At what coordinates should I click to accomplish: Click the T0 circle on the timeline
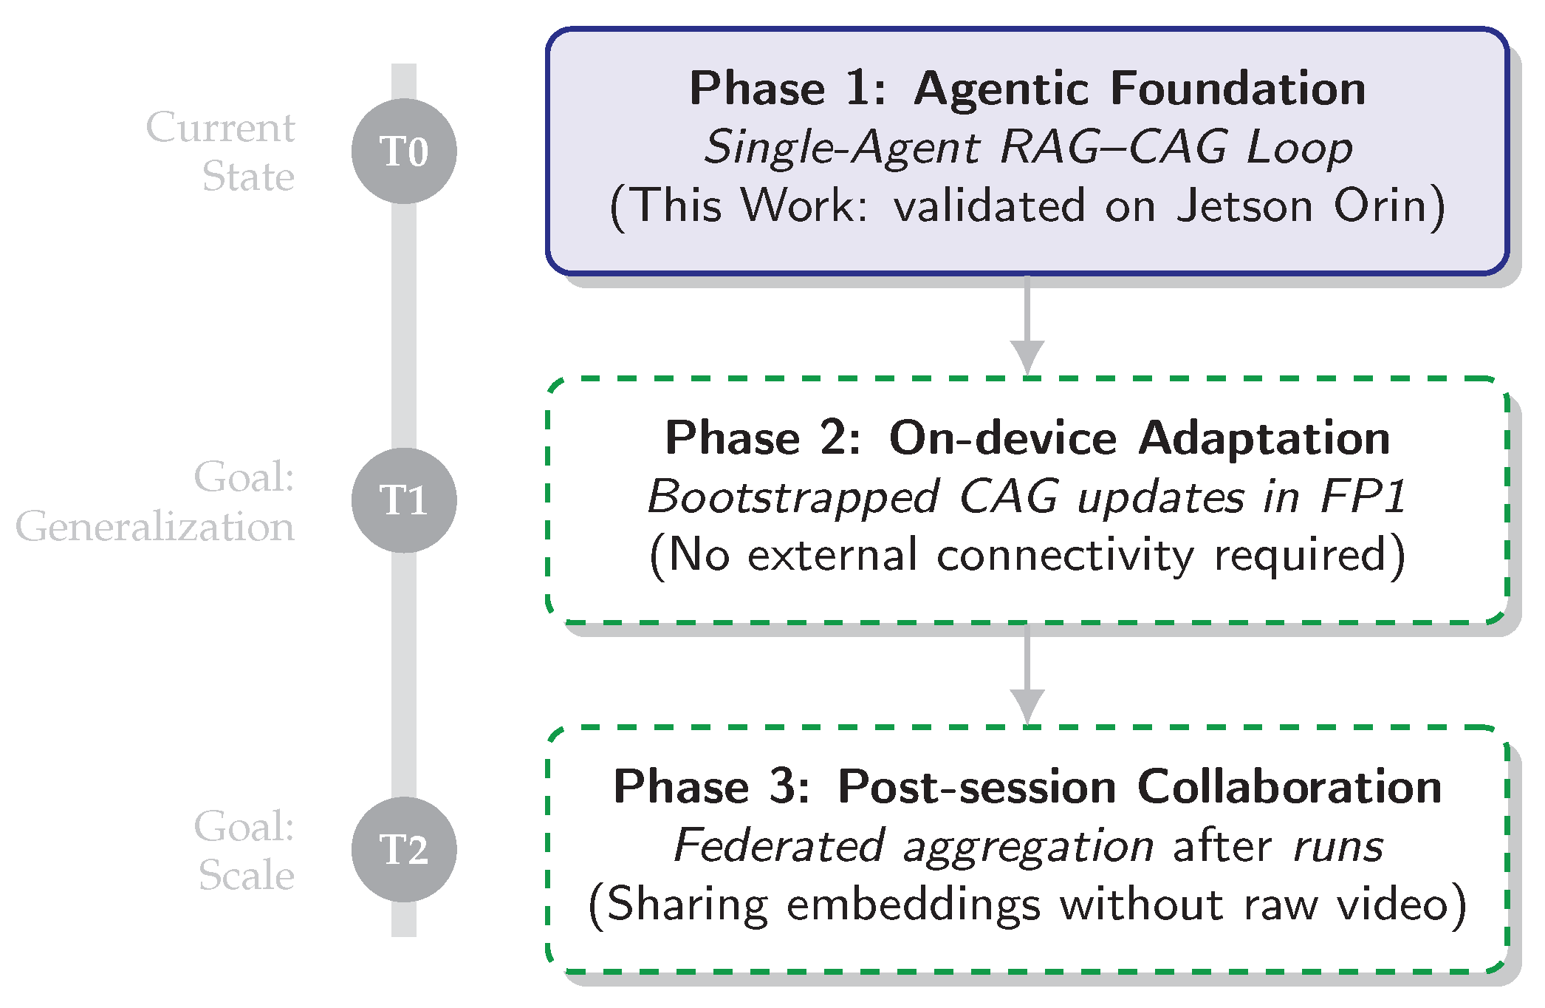[x=404, y=151]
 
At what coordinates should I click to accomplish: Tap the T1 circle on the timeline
[x=404, y=500]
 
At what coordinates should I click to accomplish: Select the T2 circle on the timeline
[x=404, y=849]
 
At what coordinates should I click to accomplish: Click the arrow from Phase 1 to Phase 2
[x=1027, y=325]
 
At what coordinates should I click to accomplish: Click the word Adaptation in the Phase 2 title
[x=1264, y=437]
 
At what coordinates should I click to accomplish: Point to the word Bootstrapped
[x=792, y=496]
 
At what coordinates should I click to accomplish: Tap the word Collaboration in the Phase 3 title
[x=1289, y=786]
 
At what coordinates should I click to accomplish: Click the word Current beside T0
[x=220, y=127]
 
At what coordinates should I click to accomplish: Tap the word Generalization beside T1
[x=155, y=527]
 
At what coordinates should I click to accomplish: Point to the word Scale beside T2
[x=246, y=875]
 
